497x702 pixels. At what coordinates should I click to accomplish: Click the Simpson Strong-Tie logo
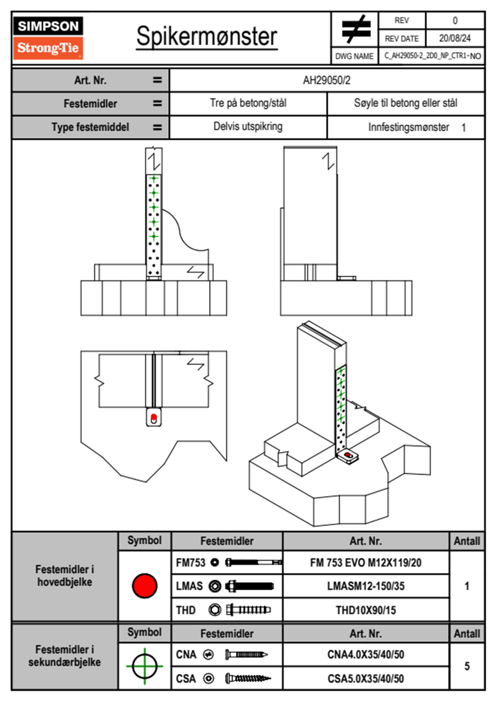click(x=48, y=38)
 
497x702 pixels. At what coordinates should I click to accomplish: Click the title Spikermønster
click(x=206, y=36)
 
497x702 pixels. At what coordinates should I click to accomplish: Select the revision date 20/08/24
click(x=454, y=38)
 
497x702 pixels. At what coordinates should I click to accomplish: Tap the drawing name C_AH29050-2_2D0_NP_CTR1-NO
click(x=432, y=56)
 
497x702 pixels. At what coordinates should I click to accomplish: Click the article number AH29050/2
click(x=327, y=80)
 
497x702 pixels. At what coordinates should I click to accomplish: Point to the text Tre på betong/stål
click(x=248, y=103)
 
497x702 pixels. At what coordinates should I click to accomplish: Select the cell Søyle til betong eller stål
click(x=405, y=103)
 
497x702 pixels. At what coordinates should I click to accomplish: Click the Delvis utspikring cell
click(x=248, y=126)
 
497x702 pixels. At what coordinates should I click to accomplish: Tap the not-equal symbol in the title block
click(x=355, y=29)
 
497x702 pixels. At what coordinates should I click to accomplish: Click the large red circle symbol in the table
click(x=145, y=586)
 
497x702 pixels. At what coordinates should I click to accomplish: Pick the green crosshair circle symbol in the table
click(x=145, y=666)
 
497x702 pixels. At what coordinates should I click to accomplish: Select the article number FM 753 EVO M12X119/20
click(x=365, y=563)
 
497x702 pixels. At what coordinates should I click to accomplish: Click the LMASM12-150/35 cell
click(x=365, y=586)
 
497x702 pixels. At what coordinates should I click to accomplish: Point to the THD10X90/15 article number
click(x=365, y=610)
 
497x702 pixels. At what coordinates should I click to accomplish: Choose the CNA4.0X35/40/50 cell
click(x=365, y=654)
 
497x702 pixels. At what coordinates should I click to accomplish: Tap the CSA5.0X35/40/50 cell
click(x=365, y=679)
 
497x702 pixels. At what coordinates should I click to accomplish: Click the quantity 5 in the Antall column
click(x=467, y=666)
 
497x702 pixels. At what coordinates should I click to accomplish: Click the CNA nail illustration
click(x=246, y=654)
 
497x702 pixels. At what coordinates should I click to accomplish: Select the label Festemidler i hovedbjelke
click(x=65, y=576)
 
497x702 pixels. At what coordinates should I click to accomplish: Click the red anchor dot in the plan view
click(x=153, y=417)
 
